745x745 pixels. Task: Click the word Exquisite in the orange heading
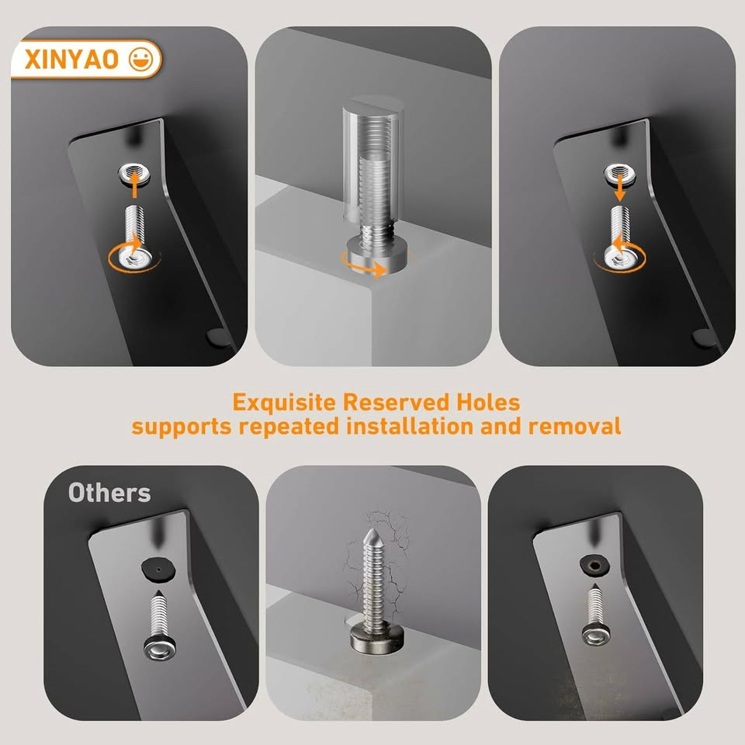click(285, 403)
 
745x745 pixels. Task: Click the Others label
click(109, 493)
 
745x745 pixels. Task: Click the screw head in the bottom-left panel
click(158, 646)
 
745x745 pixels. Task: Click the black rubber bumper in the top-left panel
click(217, 338)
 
